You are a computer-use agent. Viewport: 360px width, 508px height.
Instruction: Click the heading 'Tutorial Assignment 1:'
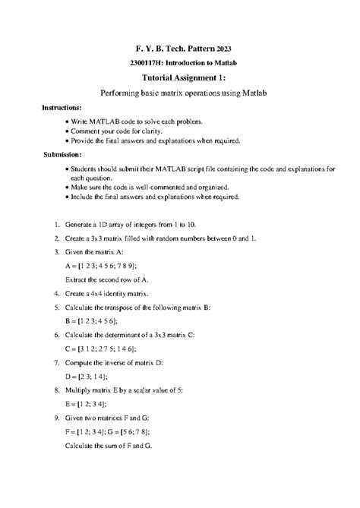(x=179, y=77)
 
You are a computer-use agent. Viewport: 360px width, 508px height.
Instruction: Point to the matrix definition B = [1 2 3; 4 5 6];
(x=92, y=321)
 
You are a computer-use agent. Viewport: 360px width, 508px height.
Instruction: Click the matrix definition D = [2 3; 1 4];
(x=86, y=377)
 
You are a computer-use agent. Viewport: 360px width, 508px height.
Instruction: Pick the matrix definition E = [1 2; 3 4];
(x=85, y=404)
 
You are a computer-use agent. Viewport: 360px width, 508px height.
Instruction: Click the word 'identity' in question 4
(x=117, y=293)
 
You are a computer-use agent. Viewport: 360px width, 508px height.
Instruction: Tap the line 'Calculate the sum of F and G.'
(x=109, y=446)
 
